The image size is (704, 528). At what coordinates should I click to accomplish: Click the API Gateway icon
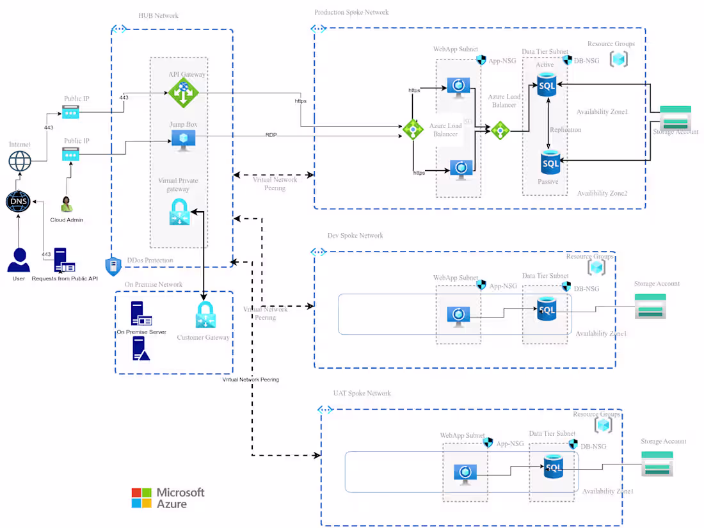pos(184,93)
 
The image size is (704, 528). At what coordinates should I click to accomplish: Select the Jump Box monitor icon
pos(184,140)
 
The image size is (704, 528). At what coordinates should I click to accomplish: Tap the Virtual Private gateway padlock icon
pos(179,212)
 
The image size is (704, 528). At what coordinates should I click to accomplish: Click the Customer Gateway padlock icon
pos(205,315)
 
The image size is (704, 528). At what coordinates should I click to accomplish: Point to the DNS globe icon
pos(18,202)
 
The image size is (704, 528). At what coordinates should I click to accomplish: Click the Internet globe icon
pos(19,161)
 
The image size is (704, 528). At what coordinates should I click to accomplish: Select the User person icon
pos(19,260)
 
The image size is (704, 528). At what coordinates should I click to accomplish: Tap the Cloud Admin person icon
pos(66,205)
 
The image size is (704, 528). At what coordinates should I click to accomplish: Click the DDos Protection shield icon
pos(113,265)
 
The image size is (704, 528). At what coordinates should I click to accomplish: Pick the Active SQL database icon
pos(547,84)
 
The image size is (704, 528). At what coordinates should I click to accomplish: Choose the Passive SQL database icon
pos(550,163)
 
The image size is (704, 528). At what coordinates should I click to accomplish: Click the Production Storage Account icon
pos(675,118)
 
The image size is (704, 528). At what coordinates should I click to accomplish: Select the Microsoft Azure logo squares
pos(141,498)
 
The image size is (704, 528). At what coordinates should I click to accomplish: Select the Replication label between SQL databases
pos(566,130)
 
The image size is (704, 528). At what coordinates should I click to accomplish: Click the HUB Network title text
pos(158,15)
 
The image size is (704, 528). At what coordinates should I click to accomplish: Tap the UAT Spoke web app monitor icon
pos(465,472)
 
